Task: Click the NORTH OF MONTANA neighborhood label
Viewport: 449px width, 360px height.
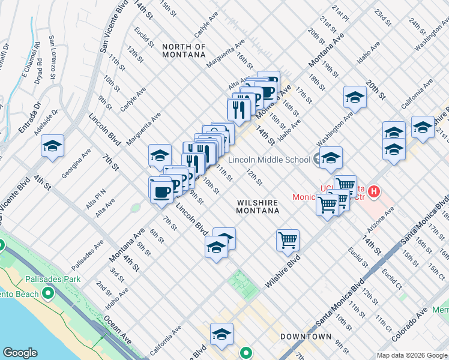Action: [x=184, y=51]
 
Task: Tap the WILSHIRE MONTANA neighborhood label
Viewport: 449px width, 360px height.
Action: [x=258, y=207]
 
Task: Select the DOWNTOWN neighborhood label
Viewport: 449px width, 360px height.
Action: [x=306, y=337]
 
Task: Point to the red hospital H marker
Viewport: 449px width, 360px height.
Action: [x=374, y=192]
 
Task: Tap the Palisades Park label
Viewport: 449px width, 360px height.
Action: [x=75, y=279]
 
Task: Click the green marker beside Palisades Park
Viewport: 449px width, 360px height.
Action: [x=47, y=293]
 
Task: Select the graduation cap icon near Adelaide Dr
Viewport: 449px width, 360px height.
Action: [x=52, y=146]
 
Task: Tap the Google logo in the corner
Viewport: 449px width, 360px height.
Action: [x=20, y=353]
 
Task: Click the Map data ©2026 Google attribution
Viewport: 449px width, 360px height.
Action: [x=412, y=355]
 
